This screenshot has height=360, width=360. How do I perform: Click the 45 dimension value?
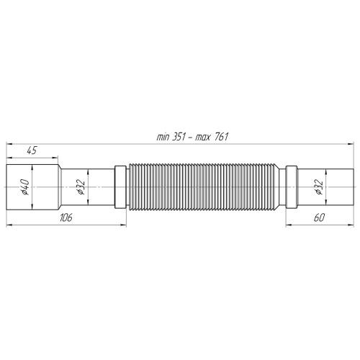32,150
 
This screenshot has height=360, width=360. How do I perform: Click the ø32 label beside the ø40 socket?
82,186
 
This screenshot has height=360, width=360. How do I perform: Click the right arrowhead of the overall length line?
349,143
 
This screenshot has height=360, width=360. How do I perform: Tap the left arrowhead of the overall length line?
9,143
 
